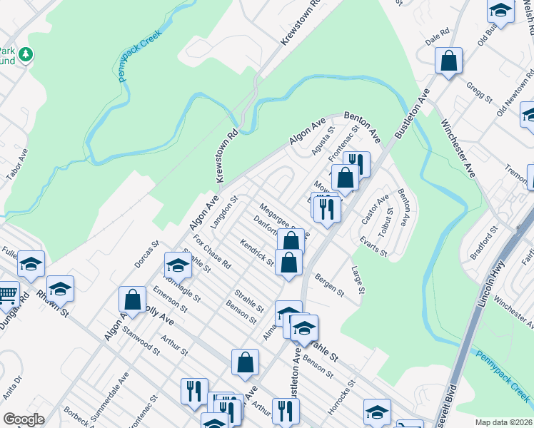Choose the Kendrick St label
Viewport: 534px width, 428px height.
point(257,252)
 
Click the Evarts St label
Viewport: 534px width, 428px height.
point(373,247)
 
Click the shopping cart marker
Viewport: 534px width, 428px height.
point(6,295)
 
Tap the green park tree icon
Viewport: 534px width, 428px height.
point(26,54)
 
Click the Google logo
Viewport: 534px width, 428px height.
point(24,419)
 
